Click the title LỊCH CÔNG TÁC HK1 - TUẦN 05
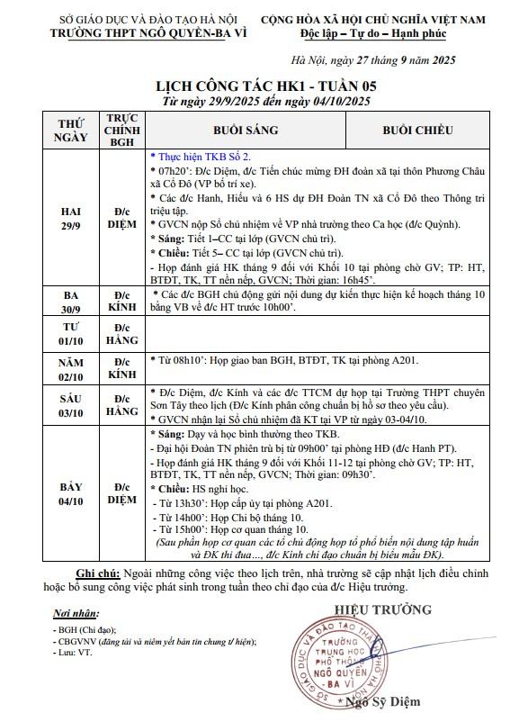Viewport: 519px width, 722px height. tap(259, 86)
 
